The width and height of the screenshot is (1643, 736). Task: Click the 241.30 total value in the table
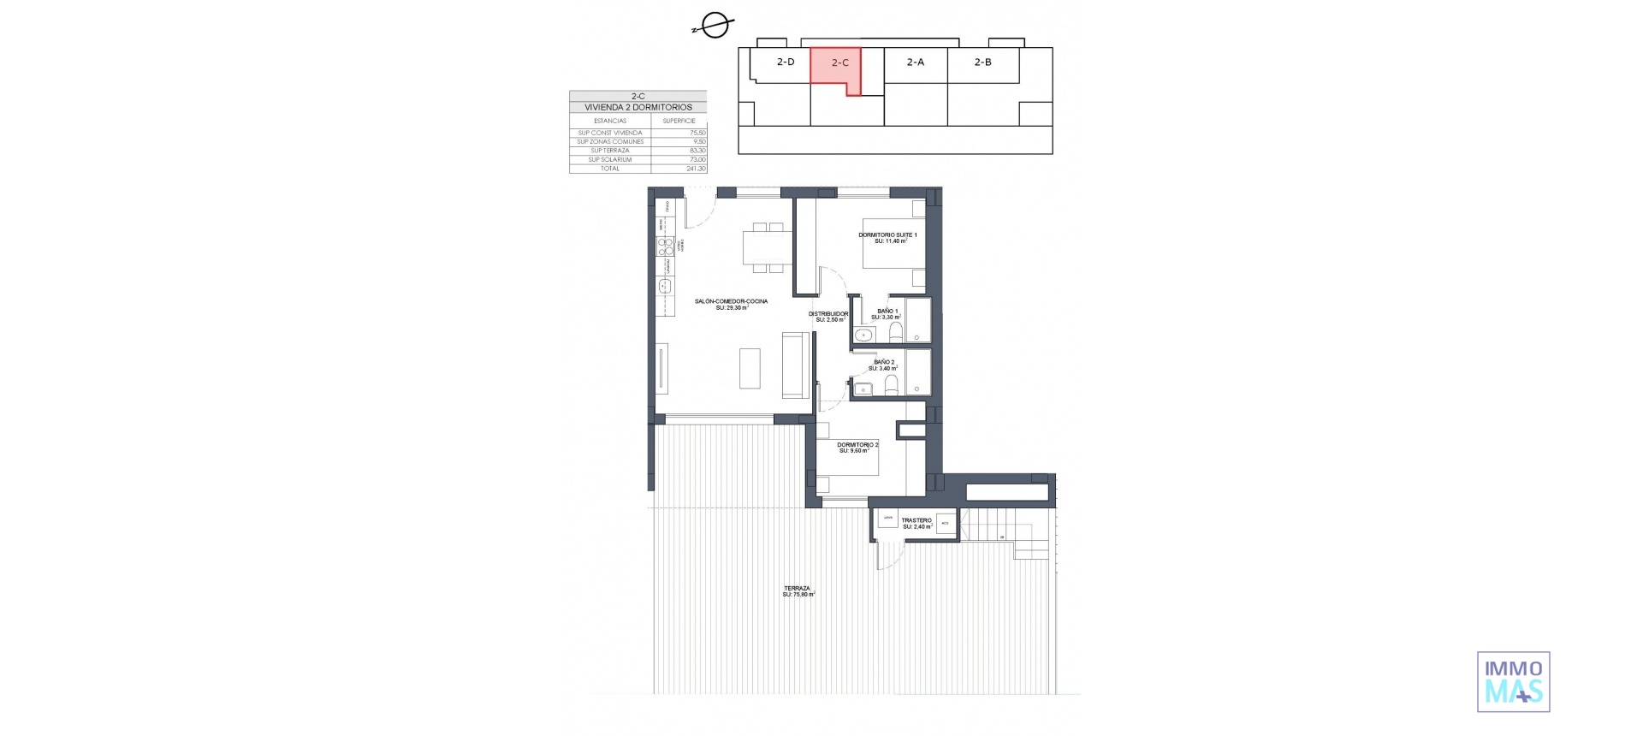coord(696,169)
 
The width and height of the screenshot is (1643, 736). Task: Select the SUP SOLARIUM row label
coord(609,160)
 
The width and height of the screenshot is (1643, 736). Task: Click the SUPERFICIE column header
coord(679,121)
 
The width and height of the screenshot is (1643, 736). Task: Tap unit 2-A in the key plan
coord(915,62)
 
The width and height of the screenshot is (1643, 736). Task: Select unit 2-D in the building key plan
coord(786,62)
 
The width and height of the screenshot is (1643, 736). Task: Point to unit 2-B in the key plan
coord(983,62)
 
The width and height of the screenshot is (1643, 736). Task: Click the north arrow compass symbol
coord(713,27)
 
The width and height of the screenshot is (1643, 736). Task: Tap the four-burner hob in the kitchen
coord(665,246)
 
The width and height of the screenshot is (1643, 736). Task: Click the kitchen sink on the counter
coord(664,285)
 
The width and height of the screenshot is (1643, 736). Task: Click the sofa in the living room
coord(195,365)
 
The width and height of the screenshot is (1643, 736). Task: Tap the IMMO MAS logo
coord(1513,681)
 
